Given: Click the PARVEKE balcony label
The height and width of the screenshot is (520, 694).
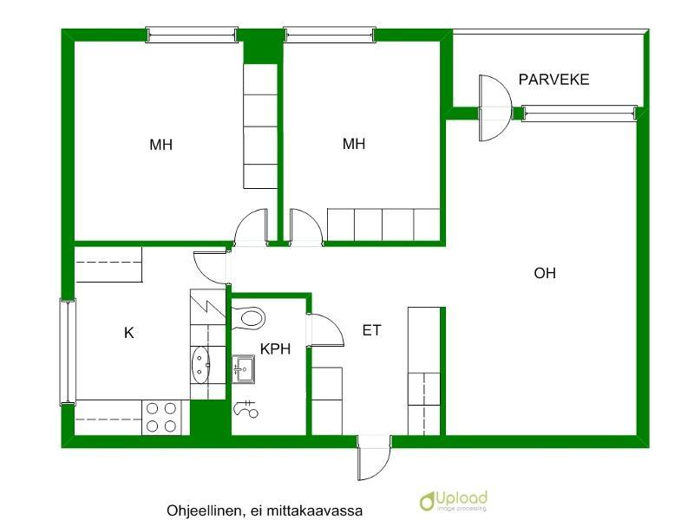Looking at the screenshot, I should pyautogui.click(x=553, y=80).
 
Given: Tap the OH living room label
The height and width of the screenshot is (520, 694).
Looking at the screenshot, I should pyautogui.click(x=545, y=274).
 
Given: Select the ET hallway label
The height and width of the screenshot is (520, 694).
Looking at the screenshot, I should pyautogui.click(x=371, y=330).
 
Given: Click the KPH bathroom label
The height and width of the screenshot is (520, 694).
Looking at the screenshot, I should pyautogui.click(x=275, y=349).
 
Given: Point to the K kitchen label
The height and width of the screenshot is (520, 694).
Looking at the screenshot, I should pyautogui.click(x=129, y=332).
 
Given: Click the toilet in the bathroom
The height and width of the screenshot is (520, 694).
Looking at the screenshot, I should pyautogui.click(x=249, y=317).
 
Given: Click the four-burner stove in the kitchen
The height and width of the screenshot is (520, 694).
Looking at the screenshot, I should pyautogui.click(x=161, y=416).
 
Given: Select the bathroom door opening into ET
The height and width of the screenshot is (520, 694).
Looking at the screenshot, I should pyautogui.click(x=326, y=330).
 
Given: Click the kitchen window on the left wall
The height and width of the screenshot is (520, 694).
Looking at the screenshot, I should pyautogui.click(x=67, y=351).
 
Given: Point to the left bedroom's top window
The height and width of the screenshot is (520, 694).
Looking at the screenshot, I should pyautogui.click(x=192, y=35).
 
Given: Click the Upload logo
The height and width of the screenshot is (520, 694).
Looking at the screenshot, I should pyautogui.click(x=453, y=501).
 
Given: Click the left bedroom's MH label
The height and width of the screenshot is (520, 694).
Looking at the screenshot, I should pyautogui.click(x=160, y=145).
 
